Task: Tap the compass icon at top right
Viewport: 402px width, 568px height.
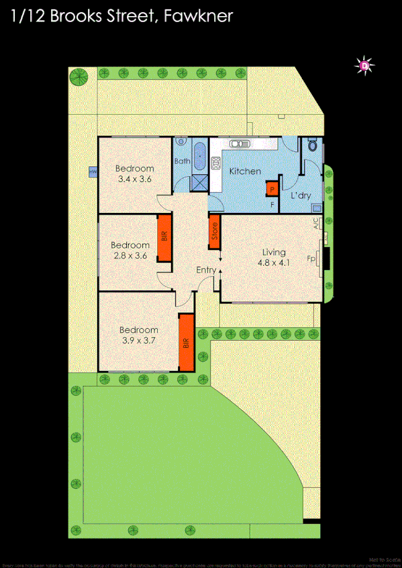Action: click(x=364, y=65)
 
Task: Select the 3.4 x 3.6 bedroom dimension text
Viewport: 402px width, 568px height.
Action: click(x=134, y=179)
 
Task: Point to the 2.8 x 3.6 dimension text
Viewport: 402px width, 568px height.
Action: click(x=130, y=255)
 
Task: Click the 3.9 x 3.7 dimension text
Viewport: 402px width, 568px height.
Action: click(x=138, y=340)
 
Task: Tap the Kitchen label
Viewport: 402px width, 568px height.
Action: click(x=245, y=171)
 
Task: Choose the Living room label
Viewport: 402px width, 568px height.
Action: click(x=274, y=253)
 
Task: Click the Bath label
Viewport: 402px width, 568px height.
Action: click(x=182, y=161)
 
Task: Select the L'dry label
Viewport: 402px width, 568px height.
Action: click(x=300, y=196)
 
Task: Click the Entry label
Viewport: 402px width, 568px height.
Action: click(x=205, y=270)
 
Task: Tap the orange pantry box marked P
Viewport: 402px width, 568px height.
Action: click(x=272, y=189)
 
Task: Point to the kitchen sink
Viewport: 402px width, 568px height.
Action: click(x=238, y=143)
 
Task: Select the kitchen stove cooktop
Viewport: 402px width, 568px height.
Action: click(x=217, y=163)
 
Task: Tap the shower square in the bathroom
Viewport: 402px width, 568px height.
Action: click(x=199, y=182)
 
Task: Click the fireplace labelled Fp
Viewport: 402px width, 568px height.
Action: click(x=326, y=258)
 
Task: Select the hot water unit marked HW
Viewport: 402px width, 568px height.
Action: click(x=92, y=173)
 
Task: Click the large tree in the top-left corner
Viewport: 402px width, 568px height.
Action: click(x=79, y=77)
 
